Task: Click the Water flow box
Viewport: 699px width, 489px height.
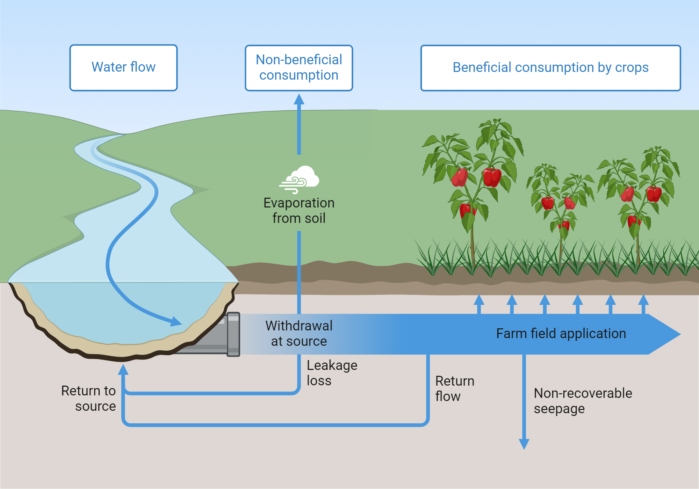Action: tap(123, 68)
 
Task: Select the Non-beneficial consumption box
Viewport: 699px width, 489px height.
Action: tap(299, 68)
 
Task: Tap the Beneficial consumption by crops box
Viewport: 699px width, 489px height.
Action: tap(550, 68)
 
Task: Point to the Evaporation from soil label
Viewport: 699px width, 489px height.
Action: tap(299, 210)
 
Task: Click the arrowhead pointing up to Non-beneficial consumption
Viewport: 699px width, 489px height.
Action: tap(299, 99)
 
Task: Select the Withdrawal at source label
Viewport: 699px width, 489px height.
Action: tap(299, 333)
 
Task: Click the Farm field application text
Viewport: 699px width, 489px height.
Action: tap(561, 334)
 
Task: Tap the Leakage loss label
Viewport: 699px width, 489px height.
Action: tap(331, 373)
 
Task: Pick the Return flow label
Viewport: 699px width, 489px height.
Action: tap(454, 388)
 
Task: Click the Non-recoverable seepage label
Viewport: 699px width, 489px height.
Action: tap(583, 401)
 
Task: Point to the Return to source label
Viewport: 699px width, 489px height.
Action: tap(89, 398)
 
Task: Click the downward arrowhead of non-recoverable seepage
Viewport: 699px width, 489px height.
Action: tap(524, 444)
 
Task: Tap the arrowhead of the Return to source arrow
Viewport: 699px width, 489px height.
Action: tap(123, 370)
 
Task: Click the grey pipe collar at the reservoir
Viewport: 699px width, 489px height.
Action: tap(233, 334)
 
